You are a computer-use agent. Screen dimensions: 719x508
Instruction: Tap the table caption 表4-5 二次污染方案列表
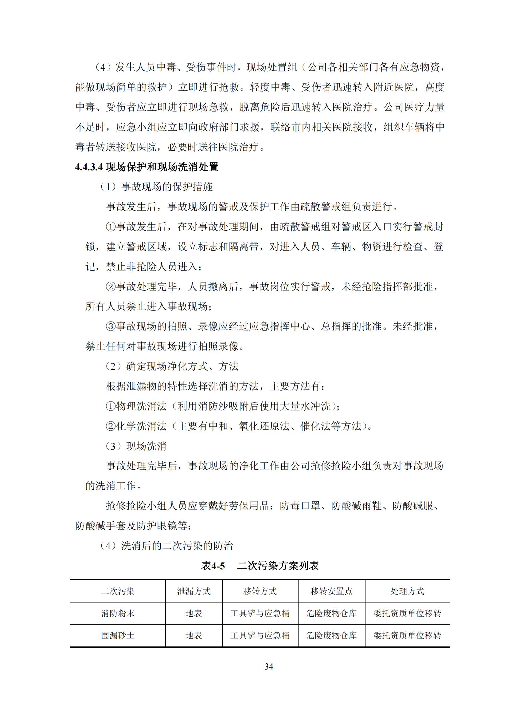260,566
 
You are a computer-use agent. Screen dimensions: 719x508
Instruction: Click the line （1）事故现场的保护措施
156,187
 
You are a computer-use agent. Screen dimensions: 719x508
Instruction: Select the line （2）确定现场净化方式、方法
172,366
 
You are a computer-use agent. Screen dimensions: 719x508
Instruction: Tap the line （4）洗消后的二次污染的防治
166,546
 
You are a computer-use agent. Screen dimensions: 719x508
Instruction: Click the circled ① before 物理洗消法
111,406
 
